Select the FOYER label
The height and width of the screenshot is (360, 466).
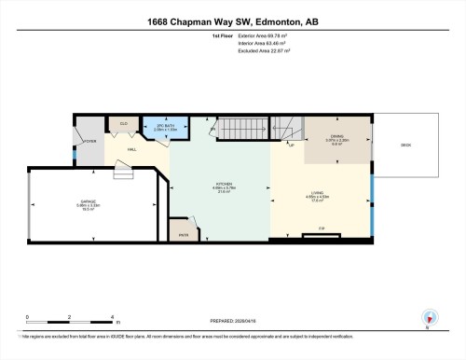pos(90,142)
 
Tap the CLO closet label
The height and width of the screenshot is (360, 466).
pos(123,123)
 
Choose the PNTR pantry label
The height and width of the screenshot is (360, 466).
pos(185,235)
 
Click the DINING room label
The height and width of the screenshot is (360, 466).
pos(336,138)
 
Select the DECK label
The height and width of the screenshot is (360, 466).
pos(405,145)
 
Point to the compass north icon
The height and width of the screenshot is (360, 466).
pos(428,318)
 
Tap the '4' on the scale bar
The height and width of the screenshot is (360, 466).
pos(111,318)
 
